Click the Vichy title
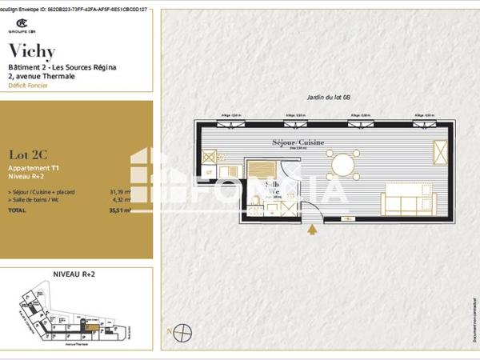(x=32, y=52)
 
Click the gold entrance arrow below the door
(x=311, y=230)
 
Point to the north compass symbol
(x=183, y=330)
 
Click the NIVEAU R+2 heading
(x=76, y=274)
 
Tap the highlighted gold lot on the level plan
(x=93, y=326)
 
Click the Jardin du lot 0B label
(x=329, y=97)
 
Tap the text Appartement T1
(x=34, y=169)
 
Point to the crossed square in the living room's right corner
(x=440, y=151)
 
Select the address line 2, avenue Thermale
(x=41, y=77)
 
